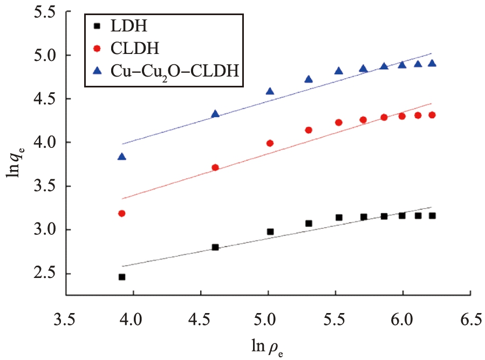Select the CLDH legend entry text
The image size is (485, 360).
tap(142, 49)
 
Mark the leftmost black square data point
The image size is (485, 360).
tap(122, 277)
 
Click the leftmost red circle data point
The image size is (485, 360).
tap(122, 213)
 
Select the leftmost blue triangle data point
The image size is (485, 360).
tap(122, 157)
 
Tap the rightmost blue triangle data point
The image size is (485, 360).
tap(432, 63)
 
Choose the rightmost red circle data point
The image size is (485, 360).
tap(432, 115)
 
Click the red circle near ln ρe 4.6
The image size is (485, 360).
tap(215, 167)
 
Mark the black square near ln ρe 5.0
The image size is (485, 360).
tap(270, 232)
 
